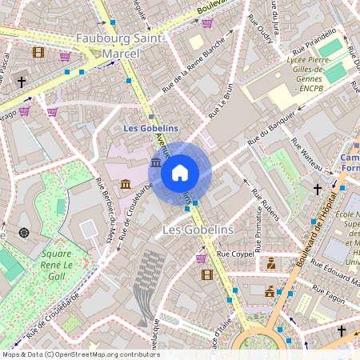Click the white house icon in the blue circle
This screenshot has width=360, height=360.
[x=180, y=173]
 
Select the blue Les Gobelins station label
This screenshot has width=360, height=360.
[x=152, y=127]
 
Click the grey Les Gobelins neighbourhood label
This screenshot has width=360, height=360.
[x=197, y=230]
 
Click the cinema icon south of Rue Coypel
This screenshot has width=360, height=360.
[x=207, y=274]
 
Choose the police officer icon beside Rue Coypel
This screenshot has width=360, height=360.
[x=271, y=263]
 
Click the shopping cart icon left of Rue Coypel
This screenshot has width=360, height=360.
[x=201, y=258]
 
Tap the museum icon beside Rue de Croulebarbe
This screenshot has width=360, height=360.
[x=126, y=185]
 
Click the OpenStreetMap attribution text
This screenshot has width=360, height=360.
[x=80, y=354]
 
